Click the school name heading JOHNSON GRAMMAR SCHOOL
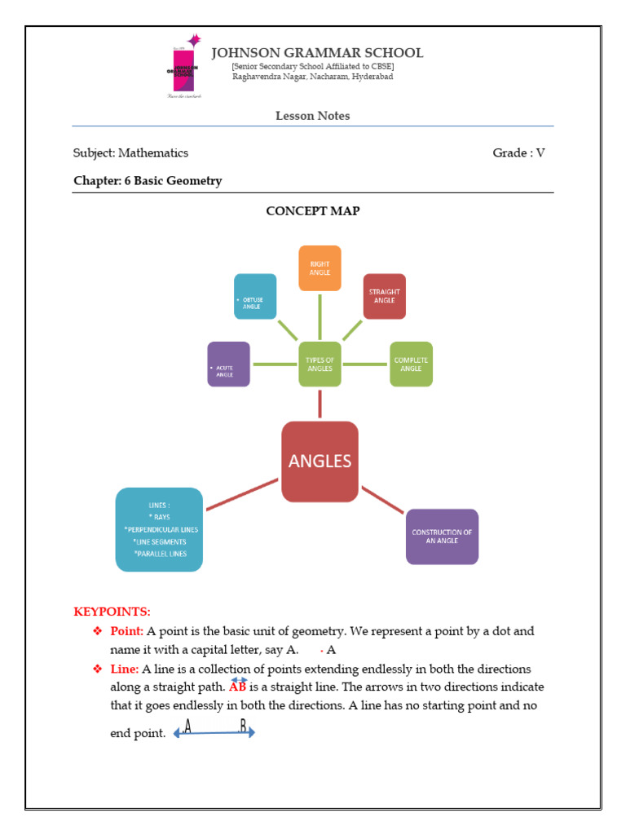point(317,53)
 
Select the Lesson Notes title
point(312,116)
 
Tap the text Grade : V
point(518,152)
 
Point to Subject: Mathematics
point(130,152)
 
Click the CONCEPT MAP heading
point(312,210)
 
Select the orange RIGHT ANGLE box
point(320,268)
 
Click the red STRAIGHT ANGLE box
point(384,296)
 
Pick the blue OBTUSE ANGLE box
point(255,296)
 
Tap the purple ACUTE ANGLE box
point(228,364)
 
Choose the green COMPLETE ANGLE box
point(411,364)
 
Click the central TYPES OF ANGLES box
point(320,364)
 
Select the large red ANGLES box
point(320,462)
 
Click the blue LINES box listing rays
point(159,529)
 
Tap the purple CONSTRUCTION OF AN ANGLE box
point(442,537)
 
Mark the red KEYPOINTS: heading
point(112,612)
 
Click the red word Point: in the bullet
point(127,631)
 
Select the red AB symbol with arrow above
point(238,686)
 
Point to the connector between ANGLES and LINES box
point(242,494)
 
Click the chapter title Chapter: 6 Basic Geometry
point(148,181)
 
